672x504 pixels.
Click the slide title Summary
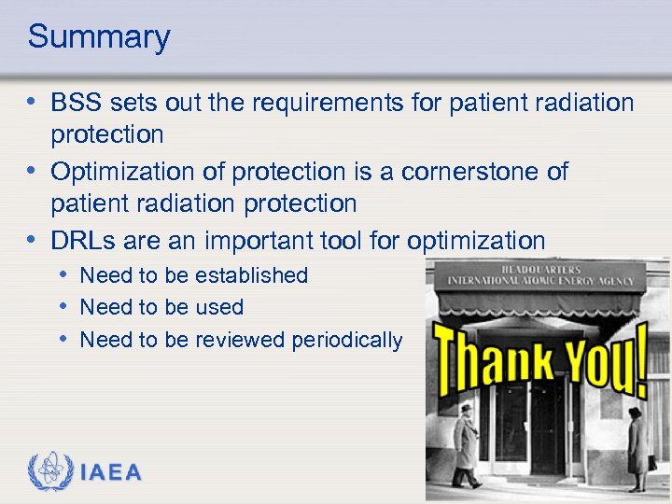(99, 37)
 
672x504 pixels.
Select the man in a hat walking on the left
(467, 445)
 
